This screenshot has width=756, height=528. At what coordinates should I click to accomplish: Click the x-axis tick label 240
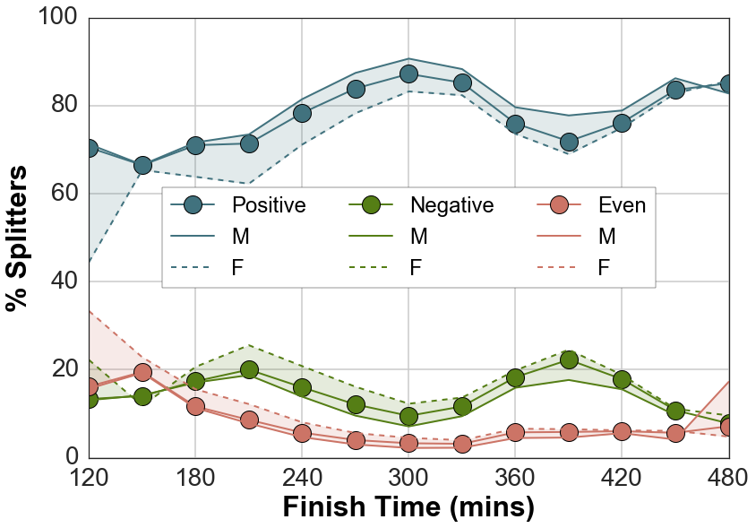[x=302, y=476]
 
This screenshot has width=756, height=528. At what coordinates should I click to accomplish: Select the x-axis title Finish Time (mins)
[x=408, y=507]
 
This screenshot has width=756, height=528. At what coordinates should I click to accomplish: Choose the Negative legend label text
[x=451, y=205]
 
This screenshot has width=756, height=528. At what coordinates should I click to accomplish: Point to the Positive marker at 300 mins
[x=408, y=74]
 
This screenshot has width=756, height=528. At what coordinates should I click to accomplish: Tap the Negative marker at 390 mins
[x=569, y=359]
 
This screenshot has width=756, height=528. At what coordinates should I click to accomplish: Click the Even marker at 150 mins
[x=142, y=372]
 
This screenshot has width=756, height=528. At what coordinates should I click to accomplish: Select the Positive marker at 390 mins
[x=569, y=143]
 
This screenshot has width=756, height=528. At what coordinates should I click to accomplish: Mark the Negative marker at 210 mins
[x=249, y=369]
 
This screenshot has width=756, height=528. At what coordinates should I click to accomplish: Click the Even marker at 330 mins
[x=462, y=444]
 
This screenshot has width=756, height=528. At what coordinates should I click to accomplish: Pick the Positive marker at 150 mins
[x=142, y=166]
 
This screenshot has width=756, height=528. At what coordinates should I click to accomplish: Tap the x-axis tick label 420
[x=622, y=476]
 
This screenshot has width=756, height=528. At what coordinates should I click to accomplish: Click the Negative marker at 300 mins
[x=408, y=416]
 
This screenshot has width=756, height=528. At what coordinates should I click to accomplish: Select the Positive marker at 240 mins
[x=302, y=113]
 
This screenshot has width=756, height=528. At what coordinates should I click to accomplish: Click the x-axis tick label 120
[x=89, y=476]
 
